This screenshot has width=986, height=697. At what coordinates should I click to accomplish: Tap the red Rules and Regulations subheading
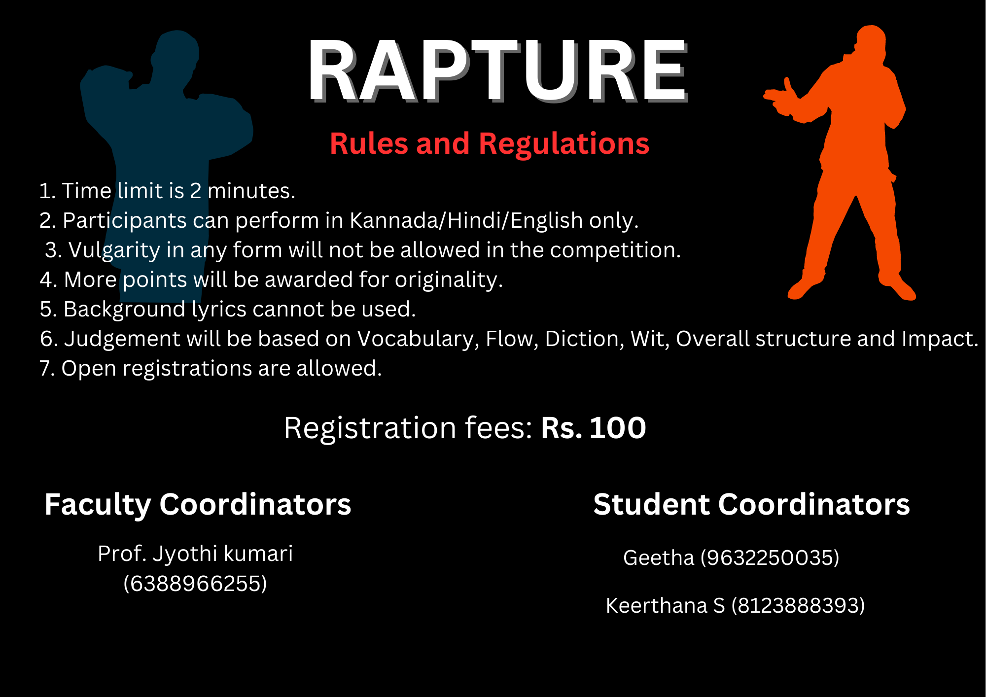490,144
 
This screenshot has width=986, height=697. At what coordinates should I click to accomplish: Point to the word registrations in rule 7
187,369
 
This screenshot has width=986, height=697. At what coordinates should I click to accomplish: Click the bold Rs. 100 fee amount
594,427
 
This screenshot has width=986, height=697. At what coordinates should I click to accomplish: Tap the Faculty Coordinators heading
198,505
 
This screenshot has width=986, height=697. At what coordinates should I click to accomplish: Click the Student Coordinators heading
751,504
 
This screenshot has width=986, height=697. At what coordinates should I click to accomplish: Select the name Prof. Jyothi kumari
195,554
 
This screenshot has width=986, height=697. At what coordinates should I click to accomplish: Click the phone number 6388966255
195,584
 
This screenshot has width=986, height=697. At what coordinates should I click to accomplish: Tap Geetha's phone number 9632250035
770,558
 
